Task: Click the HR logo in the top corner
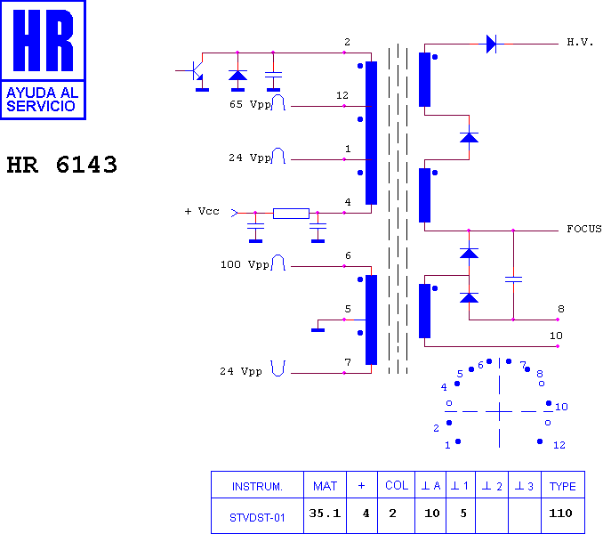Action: [43, 60]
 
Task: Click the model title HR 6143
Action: [62, 165]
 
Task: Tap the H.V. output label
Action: [580, 42]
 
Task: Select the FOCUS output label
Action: [584, 229]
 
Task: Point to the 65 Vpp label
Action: [250, 104]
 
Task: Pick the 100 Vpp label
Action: [245, 264]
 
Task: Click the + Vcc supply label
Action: [202, 211]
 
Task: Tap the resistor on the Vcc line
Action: [291, 213]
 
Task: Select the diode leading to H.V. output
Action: [492, 44]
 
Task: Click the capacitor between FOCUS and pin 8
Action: [513, 279]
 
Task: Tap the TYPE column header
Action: [563, 485]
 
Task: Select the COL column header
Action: [397, 485]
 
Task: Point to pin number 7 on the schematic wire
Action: [348, 362]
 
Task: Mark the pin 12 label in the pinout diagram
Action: [559, 445]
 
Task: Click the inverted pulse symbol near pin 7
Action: [277, 368]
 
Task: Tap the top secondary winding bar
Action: [424, 79]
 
